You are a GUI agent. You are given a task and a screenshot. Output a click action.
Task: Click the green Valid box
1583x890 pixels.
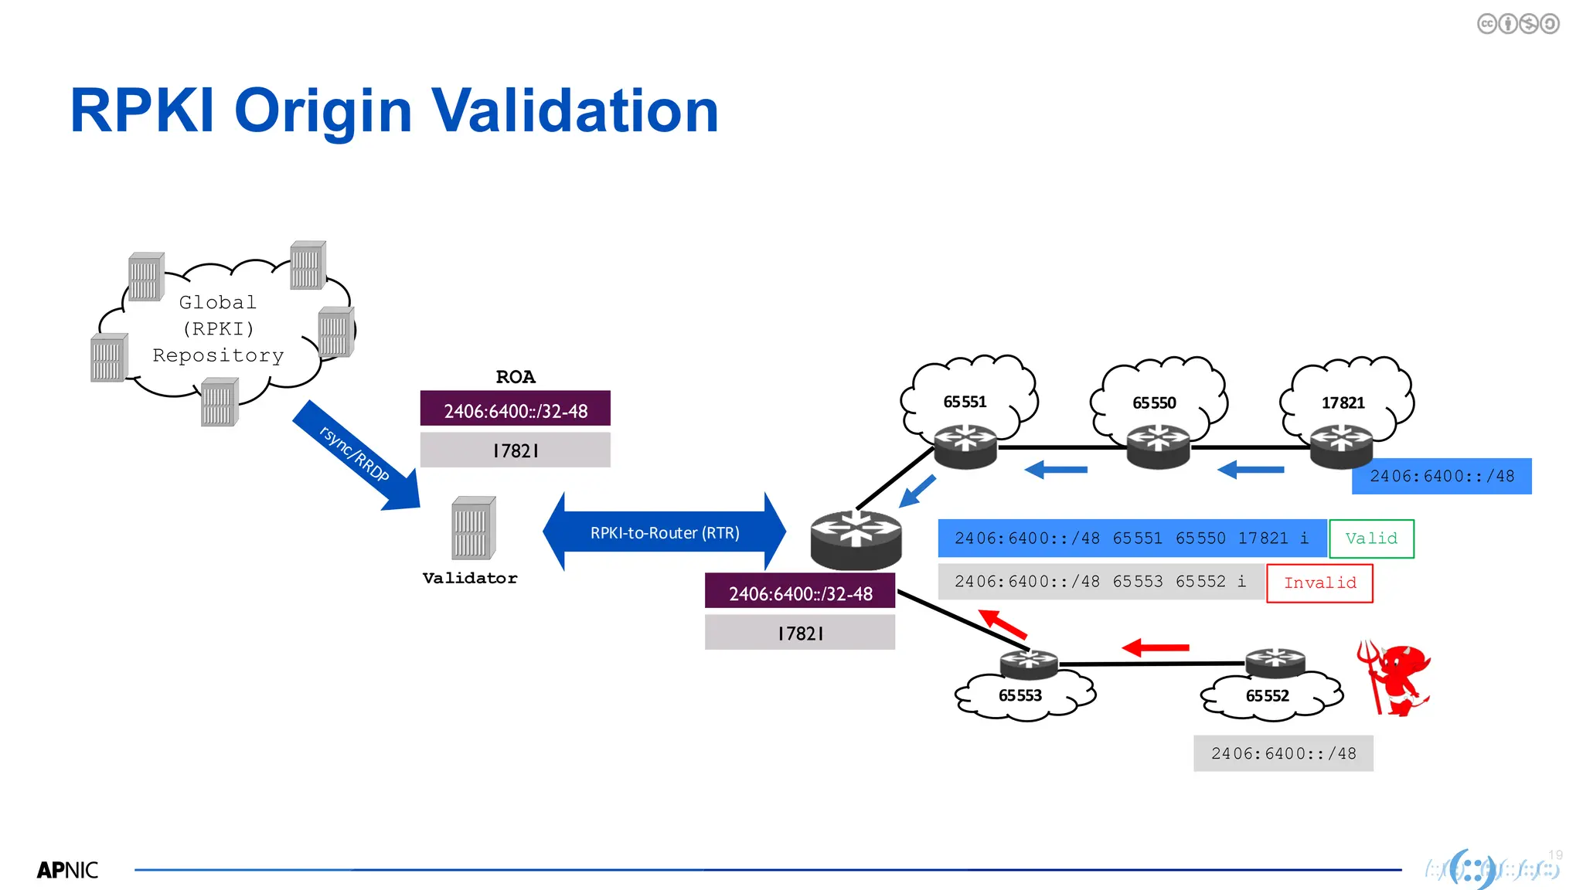[x=1371, y=538]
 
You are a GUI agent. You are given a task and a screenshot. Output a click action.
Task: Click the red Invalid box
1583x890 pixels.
[x=1319, y=583]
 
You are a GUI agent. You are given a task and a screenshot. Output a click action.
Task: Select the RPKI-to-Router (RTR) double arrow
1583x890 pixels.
[x=665, y=532]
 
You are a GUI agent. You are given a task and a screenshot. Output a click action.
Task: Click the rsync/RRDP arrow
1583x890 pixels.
[x=356, y=456]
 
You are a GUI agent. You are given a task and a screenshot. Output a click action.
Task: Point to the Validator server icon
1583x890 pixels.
[x=473, y=529]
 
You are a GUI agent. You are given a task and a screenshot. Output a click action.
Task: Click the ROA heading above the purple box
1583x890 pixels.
[x=516, y=377]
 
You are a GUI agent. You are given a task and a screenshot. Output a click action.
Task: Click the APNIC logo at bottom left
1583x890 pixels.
[x=68, y=870]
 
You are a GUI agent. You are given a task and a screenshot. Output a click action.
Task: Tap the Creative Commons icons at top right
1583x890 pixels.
[x=1517, y=24]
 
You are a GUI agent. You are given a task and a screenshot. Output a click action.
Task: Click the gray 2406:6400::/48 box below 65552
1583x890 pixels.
[x=1283, y=753]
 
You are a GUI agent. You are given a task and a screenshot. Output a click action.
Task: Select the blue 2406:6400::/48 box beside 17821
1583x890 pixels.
[x=1442, y=476]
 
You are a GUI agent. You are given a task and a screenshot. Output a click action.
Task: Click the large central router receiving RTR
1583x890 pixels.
[x=856, y=539]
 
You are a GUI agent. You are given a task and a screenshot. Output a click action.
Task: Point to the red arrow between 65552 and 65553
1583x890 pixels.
[x=1156, y=648]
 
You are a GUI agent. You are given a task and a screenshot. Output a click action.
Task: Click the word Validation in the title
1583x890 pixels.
[x=575, y=110]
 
